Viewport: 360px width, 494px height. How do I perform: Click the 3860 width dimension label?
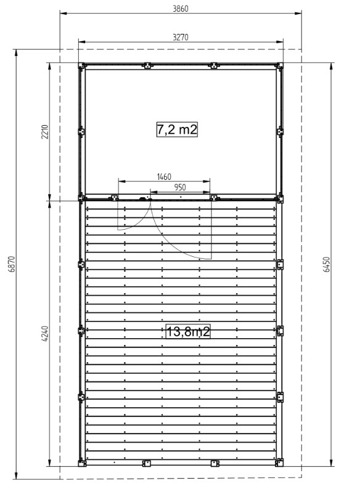tap(181, 9)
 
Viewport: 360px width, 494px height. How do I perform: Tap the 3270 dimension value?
tap(181, 37)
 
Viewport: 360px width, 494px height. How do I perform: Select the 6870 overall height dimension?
tap(11, 264)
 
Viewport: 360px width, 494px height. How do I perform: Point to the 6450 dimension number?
tap(327, 265)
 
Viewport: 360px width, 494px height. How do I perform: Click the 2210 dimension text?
tap(45, 132)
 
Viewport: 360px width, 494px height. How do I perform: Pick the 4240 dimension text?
tap(45, 334)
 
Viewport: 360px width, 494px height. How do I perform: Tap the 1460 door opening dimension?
tap(164, 177)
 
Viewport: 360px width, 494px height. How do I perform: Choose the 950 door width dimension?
tap(180, 187)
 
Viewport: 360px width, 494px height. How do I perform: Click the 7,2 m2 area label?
tap(177, 129)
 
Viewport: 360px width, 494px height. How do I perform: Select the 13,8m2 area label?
tap(188, 331)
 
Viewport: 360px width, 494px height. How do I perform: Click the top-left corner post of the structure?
tap(81, 66)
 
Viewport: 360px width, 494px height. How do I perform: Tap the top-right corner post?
tap(279, 66)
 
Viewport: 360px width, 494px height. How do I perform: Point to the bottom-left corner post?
tap(82, 463)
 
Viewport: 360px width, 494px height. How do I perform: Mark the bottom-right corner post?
tap(279, 463)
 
